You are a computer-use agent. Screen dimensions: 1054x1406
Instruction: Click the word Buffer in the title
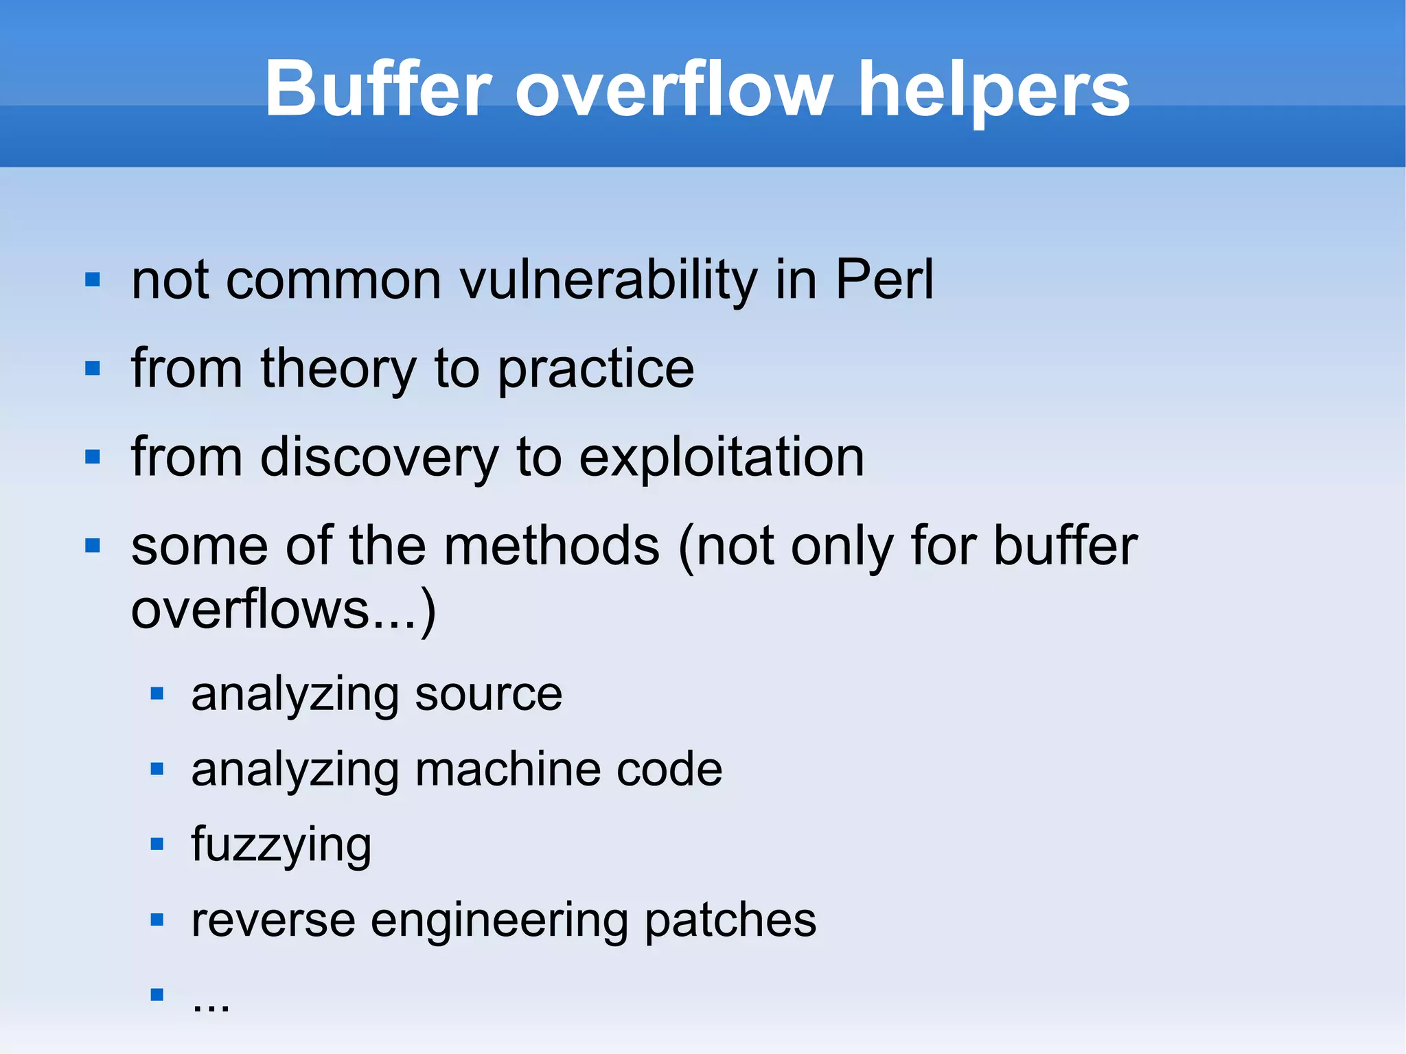pyautogui.click(x=378, y=89)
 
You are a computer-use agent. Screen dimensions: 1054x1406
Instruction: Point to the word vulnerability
pyautogui.click(x=608, y=282)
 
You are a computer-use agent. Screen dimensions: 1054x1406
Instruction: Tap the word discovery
pyautogui.click(x=380, y=458)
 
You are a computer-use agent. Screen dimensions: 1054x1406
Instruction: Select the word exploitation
pyautogui.click(x=721, y=458)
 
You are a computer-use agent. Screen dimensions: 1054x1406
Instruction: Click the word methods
pyautogui.click(x=552, y=546)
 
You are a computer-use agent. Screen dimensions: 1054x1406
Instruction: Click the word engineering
pyautogui.click(x=499, y=921)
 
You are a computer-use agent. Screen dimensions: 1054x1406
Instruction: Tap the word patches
pyautogui.click(x=730, y=920)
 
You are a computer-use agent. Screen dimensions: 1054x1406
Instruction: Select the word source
pyautogui.click(x=488, y=695)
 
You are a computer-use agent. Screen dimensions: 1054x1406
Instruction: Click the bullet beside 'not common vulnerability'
pyautogui.click(x=93, y=280)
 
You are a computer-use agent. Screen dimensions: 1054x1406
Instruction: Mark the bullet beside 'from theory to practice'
pyautogui.click(x=93, y=369)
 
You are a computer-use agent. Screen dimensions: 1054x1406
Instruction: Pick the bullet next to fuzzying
pyautogui.click(x=157, y=844)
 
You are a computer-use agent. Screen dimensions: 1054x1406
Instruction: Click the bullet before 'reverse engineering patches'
pyautogui.click(x=157, y=919)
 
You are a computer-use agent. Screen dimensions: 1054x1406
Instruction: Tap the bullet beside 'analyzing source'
pyautogui.click(x=157, y=694)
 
